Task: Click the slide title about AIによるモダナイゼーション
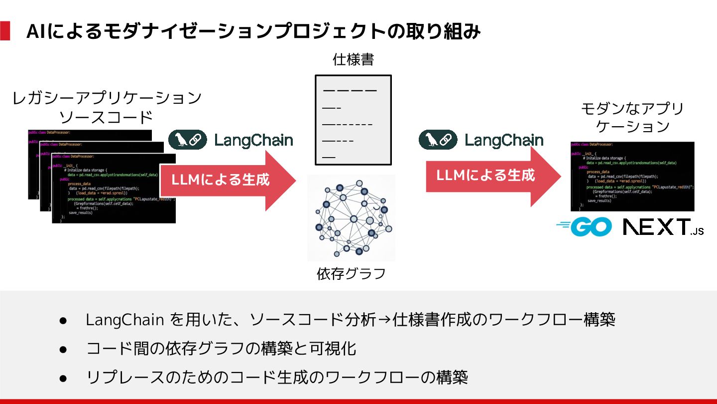pyautogui.click(x=253, y=32)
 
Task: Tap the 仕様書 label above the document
pyautogui.click(x=353, y=60)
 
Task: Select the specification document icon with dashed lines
pyautogui.click(x=353, y=120)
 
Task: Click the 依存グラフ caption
pyautogui.click(x=352, y=274)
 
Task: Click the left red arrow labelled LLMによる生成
pyautogui.click(x=227, y=180)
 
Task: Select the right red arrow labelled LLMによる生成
pyautogui.click(x=493, y=176)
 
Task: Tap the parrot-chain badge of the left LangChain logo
pyautogui.click(x=187, y=140)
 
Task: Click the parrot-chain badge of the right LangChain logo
pyautogui.click(x=438, y=140)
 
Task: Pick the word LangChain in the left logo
pyautogui.click(x=253, y=140)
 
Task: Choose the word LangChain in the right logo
pyautogui.click(x=504, y=140)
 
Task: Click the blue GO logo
pyautogui.click(x=584, y=227)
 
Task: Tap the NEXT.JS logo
pyautogui.click(x=663, y=227)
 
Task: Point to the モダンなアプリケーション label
pyautogui.click(x=632, y=117)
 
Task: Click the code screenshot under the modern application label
pyautogui.click(x=632, y=177)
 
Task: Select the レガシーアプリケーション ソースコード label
pyautogui.click(x=107, y=107)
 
